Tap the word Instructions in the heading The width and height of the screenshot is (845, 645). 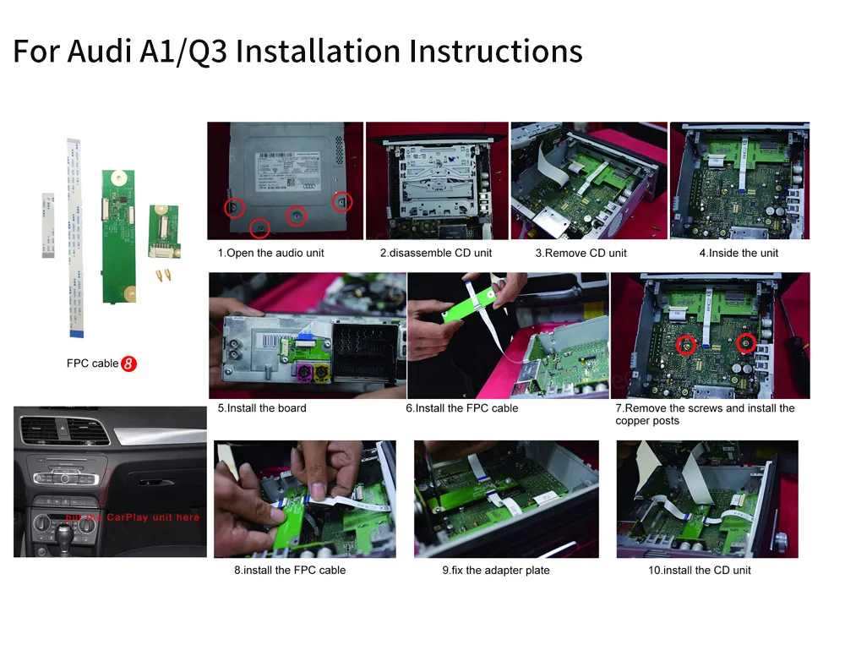[495, 51]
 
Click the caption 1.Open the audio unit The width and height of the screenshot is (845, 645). [270, 253]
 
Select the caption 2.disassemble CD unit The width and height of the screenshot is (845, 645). [435, 253]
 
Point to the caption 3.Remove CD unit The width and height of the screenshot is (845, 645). [581, 253]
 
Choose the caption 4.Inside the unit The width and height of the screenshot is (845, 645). [739, 253]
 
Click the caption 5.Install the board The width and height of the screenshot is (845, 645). [262, 408]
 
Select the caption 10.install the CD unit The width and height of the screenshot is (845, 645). [700, 571]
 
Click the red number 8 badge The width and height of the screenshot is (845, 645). [129, 363]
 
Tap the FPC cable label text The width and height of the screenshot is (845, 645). [92, 363]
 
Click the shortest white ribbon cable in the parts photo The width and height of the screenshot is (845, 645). [47, 224]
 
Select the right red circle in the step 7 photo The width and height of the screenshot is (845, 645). [745, 343]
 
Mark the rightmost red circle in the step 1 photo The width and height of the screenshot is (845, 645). [341, 201]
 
